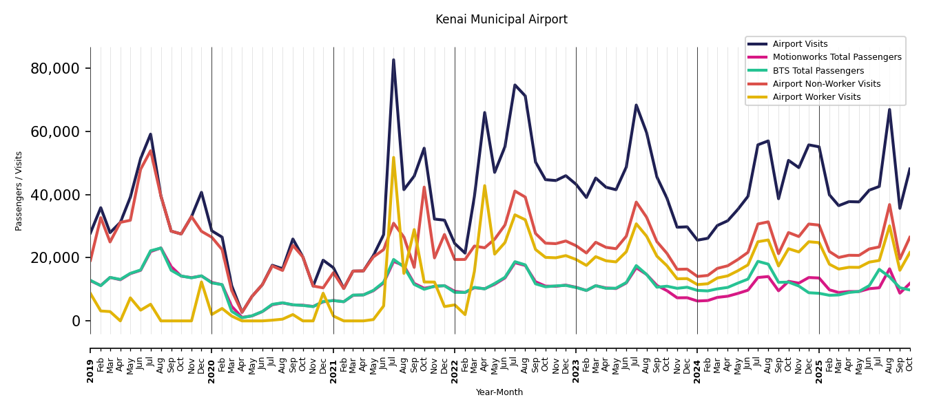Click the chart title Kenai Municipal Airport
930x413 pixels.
501,20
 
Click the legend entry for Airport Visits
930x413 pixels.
800,44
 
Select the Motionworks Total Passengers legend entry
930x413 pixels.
836,57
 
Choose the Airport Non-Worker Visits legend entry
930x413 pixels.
826,84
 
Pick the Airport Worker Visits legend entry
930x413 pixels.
816,97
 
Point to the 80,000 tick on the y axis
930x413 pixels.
55,69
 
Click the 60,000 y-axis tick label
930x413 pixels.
55,131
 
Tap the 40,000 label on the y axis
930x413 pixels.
55,195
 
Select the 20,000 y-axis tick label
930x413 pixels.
55,258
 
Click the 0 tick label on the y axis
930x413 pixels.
76,321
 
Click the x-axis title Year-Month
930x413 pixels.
499,392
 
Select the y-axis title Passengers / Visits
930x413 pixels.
19,191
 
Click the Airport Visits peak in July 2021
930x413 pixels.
393,60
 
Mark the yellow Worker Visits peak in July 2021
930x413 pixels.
393,158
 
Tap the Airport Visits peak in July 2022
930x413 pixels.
515,85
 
